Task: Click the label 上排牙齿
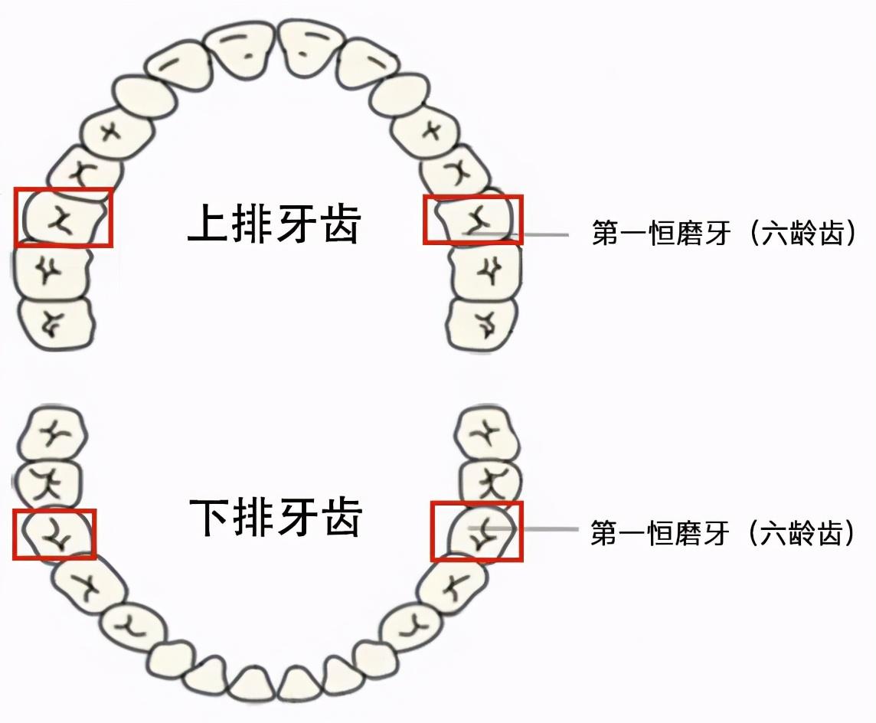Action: point(274,223)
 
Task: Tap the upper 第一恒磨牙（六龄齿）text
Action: point(723,234)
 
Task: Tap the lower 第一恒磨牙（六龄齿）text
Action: point(723,532)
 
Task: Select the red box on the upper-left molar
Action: point(64,218)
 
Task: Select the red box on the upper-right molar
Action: point(472,220)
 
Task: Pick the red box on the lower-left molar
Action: point(54,534)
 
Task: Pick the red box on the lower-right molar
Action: point(476,532)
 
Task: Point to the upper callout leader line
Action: point(536,234)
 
